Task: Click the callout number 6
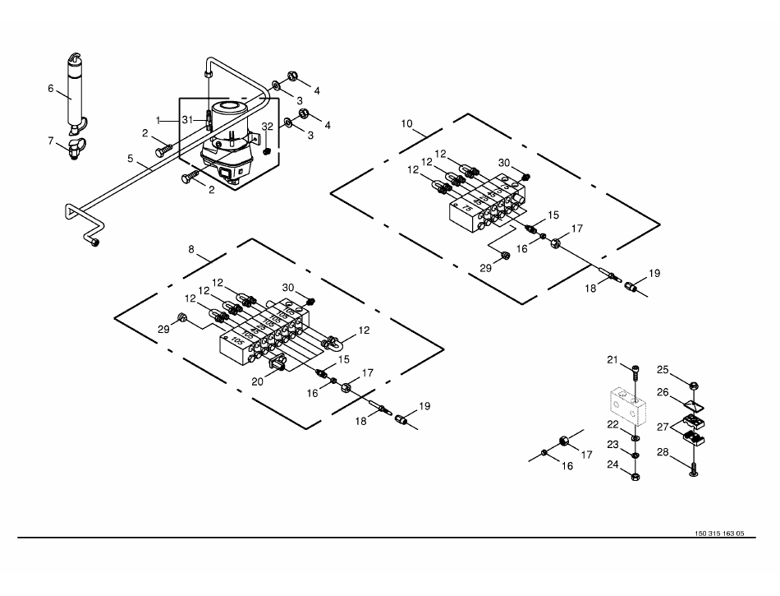pos(50,88)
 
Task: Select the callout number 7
pos(50,140)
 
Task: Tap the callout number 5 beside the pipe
pos(129,159)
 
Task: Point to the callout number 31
pos(188,120)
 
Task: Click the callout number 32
pos(267,126)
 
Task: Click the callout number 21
pos(612,360)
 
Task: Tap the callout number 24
pos(612,464)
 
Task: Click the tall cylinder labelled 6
pos(74,90)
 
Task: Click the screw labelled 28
pos(695,470)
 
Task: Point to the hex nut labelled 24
pos(635,474)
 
